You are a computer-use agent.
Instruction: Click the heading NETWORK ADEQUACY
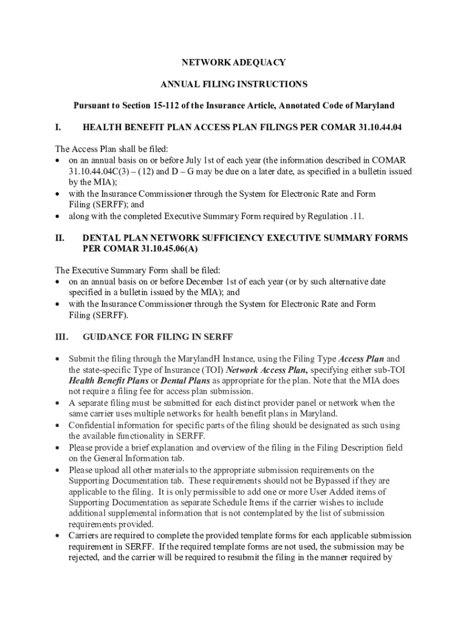pyautogui.click(x=234, y=63)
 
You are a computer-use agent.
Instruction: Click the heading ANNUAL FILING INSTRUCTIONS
pyautogui.click(x=234, y=84)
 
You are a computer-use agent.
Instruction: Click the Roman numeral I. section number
pyautogui.click(x=58, y=128)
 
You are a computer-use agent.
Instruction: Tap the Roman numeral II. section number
pyautogui.click(x=60, y=238)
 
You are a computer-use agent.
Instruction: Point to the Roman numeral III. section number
pyautogui.click(x=62, y=337)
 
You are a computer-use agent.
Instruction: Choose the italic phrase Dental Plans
pyautogui.click(x=184, y=381)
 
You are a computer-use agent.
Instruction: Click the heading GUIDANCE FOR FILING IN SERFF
pyautogui.click(x=157, y=337)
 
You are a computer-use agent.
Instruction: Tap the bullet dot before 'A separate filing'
pyautogui.click(x=57, y=403)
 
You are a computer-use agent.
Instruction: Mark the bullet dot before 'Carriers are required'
pyautogui.click(x=57, y=536)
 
